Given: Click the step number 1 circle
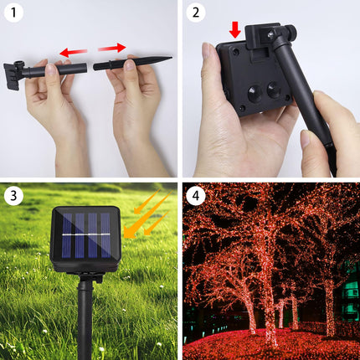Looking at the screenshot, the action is [x=13, y=13].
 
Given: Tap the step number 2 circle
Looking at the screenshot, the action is [x=196, y=13].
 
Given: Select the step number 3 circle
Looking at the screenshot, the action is [x=13, y=196].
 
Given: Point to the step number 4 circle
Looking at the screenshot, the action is [x=196, y=196].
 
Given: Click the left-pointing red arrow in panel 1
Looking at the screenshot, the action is [x=74, y=52].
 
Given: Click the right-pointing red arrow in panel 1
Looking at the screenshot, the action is [x=112, y=48].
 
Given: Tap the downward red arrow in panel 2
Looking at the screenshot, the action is [x=235, y=30].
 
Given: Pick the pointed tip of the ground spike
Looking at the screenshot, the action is [x=171, y=58].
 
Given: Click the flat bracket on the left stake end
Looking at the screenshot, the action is [x=11, y=76].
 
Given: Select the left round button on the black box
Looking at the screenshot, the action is [x=255, y=94].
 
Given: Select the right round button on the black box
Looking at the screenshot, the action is [x=274, y=90].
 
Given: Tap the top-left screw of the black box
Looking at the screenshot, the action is [x=236, y=51].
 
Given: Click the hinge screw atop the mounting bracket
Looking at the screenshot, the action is [x=270, y=33].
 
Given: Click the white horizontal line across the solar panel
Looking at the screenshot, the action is [x=86, y=234].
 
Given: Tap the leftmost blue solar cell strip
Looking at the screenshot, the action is [x=66, y=236].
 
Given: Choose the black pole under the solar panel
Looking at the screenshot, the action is [x=85, y=318].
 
